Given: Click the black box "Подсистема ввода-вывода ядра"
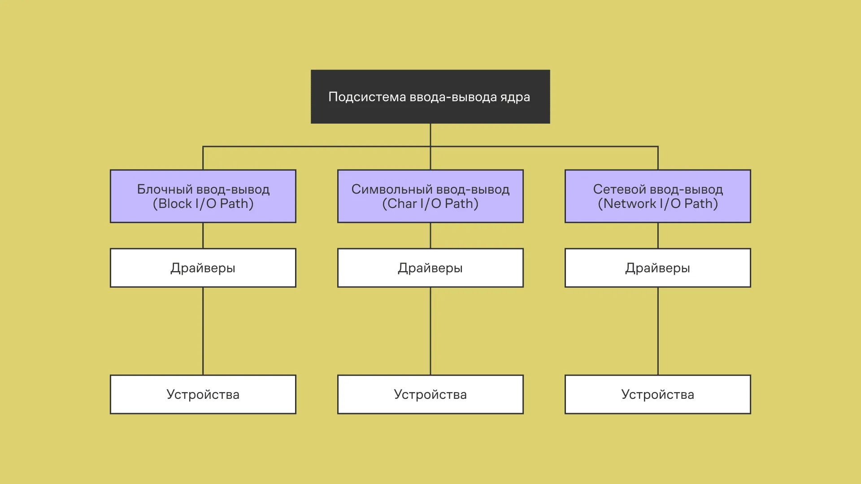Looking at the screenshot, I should pos(430,96).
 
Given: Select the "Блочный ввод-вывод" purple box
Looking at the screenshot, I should pos(203,196).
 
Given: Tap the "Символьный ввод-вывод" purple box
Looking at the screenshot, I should pos(430,196).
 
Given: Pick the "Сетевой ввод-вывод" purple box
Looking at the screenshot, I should pos(657,196).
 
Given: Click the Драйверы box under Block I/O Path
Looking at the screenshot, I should pos(203,268).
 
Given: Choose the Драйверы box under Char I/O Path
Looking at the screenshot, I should pos(430,268).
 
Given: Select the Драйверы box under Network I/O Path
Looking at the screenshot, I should pos(657,268).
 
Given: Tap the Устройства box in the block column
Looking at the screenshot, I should pos(203,394).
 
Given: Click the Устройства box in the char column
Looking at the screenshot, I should pos(430,394).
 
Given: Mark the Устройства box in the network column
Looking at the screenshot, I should pos(657,394).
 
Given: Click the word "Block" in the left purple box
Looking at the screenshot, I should pos(175,204).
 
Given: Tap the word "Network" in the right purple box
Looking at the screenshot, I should pos(630,204).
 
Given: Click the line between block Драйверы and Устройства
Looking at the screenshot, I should pos(203,331).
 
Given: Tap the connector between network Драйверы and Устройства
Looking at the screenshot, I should pos(658,331).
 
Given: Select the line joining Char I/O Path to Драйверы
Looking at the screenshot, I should pos(430,235).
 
